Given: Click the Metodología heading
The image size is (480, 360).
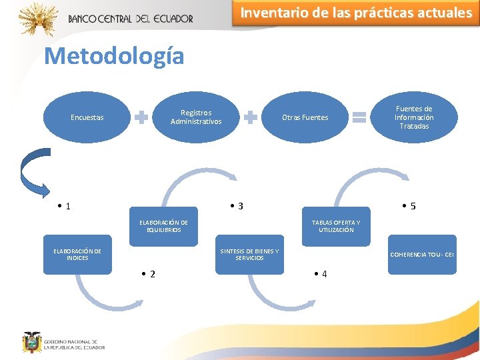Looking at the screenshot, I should tap(114, 56).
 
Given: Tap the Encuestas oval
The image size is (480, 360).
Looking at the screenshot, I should tap(87, 118).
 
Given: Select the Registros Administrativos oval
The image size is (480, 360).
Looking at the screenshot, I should tap(196, 117).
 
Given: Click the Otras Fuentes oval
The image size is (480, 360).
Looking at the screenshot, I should tap(305, 118).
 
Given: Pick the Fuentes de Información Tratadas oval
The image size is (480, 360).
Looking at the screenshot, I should tap(414, 117).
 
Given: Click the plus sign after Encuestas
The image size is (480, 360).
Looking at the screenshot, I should tap(141, 118).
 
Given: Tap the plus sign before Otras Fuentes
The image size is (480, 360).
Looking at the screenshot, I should tap(251, 118).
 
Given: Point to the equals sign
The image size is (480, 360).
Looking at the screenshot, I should tap(359, 118).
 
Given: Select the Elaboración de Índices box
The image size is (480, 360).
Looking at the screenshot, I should tap(77, 255).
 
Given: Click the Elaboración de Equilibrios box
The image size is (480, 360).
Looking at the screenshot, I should tap(163, 226).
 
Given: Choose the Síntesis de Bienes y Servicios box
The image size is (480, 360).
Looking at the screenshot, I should tap(249, 255).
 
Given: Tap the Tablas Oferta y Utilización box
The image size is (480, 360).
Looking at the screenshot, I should tap(336, 226).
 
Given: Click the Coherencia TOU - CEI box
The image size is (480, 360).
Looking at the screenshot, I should tap(423, 255).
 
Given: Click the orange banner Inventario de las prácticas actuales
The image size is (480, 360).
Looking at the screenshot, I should tap(355, 13).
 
